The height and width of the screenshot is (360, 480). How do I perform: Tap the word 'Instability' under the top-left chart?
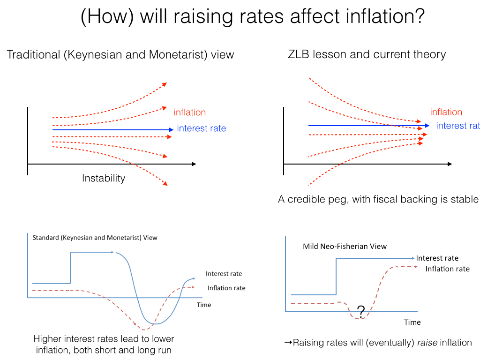(104, 178)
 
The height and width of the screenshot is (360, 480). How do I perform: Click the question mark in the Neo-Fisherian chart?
(361, 310)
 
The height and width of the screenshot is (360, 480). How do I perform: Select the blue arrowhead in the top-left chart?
(172, 129)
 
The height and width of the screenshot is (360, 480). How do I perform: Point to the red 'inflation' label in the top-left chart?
(189, 112)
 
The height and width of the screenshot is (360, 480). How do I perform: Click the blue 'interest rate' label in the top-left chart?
(202, 128)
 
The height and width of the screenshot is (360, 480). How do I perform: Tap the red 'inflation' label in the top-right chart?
(446, 112)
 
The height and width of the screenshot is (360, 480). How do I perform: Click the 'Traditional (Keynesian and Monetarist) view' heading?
(120, 55)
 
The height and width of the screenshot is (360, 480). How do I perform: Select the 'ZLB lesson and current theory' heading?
(367, 55)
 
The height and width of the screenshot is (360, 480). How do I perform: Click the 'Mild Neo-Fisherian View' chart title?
(345, 246)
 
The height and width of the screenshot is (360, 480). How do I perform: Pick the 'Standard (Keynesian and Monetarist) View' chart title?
(95, 238)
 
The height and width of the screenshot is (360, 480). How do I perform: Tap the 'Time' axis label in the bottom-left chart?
(204, 305)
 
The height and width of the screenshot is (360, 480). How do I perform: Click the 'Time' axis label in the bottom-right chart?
(412, 322)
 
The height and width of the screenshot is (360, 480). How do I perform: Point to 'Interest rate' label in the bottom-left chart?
(224, 274)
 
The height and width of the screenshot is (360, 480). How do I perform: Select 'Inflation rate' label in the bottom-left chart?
(226, 288)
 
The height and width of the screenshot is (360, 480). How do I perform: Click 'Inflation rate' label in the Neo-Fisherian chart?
(447, 269)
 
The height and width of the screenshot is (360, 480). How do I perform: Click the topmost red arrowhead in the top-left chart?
(165, 84)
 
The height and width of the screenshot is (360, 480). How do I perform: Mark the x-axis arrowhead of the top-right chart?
(450, 164)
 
